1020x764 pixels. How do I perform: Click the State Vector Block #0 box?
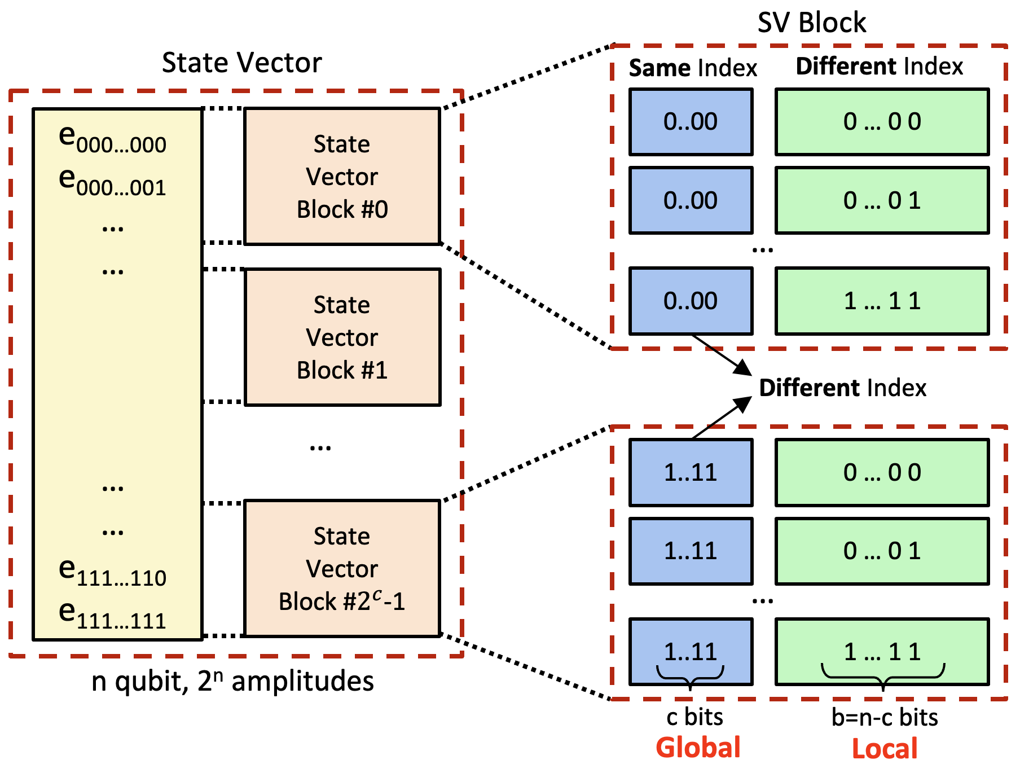pos(342,176)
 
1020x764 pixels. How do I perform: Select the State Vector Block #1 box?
pos(342,337)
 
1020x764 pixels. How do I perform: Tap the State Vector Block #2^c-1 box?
pos(342,568)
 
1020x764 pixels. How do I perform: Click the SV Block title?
pos(811,23)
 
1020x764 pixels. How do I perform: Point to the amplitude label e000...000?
pos(112,139)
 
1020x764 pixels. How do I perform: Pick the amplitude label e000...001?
pos(112,182)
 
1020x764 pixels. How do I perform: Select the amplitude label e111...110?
pos(112,572)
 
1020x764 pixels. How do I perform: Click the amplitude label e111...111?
pos(112,614)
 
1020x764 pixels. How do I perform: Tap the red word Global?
pos(698,748)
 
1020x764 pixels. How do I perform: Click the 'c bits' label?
pos(694,717)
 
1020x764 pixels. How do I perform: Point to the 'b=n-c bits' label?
pos(885,717)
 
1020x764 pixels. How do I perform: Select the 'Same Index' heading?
pos(693,68)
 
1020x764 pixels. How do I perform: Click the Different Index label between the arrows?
pos(842,388)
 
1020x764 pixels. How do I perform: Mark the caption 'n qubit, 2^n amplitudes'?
pos(232,681)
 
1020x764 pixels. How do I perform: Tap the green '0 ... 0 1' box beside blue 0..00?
pos(882,200)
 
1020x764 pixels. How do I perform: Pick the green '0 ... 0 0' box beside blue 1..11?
pos(882,472)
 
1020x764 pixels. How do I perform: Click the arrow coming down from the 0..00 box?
pos(722,355)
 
